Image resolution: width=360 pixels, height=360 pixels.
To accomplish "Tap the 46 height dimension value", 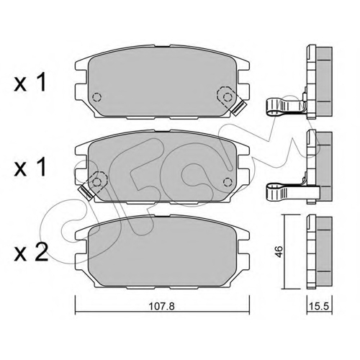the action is point(279,251).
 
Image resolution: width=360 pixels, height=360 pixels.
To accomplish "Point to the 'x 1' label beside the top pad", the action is point(30,82).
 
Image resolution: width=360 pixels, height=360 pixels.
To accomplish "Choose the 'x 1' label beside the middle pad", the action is point(30,167).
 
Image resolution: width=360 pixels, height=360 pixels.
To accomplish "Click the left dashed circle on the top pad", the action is point(97,97).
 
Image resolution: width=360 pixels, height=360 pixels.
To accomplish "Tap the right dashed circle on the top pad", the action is point(228,97).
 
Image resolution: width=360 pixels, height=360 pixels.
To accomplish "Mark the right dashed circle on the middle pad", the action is point(228,181).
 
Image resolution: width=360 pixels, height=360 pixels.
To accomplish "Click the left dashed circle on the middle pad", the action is point(97,181).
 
